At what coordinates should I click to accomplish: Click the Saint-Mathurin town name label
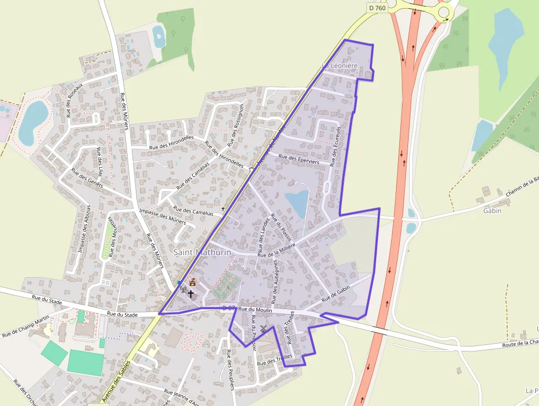click(x=202, y=252)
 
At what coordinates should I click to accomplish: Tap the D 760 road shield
click(x=377, y=8)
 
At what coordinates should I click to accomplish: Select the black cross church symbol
click(x=191, y=294)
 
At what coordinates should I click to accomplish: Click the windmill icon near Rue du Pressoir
click(x=263, y=329)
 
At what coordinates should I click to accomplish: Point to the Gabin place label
click(x=492, y=210)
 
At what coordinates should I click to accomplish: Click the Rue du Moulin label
click(x=255, y=310)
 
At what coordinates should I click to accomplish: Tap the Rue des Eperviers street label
click(x=299, y=159)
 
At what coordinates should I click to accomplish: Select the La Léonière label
click(x=339, y=66)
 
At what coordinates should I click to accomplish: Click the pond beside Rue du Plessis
click(x=297, y=203)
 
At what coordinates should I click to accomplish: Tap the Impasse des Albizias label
click(x=84, y=229)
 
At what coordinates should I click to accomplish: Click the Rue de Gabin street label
click(x=336, y=293)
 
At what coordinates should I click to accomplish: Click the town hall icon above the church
click(x=193, y=283)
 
